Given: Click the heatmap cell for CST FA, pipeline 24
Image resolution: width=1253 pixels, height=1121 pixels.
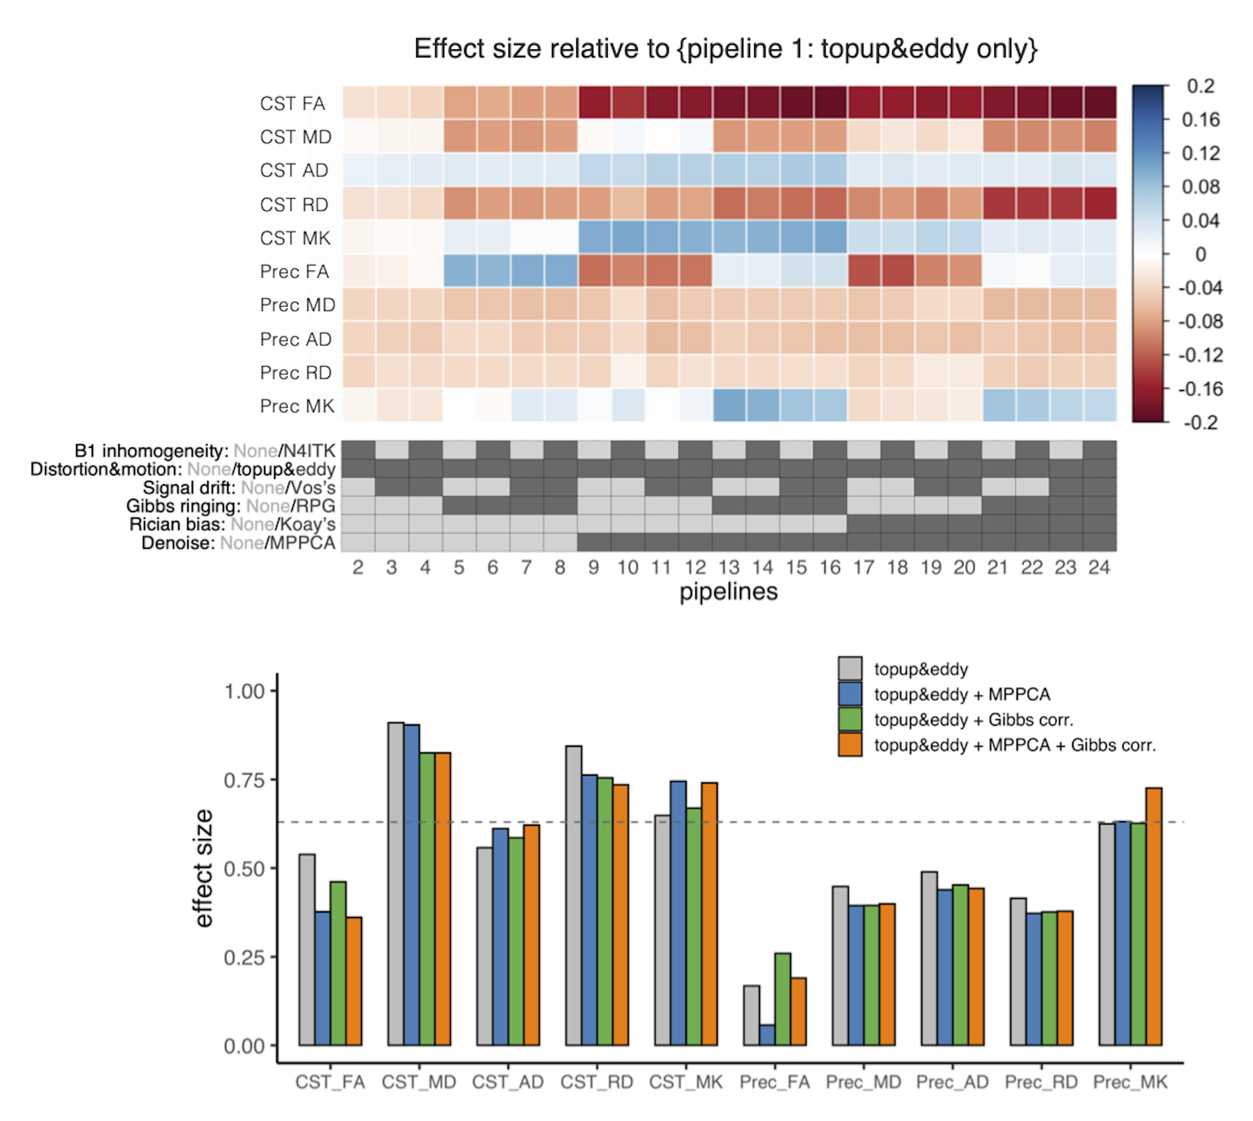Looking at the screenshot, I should coord(1100,103).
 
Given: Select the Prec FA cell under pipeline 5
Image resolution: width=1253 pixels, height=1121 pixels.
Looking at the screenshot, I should coord(459,271).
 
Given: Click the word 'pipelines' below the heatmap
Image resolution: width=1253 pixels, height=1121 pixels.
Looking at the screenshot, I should coord(728,592).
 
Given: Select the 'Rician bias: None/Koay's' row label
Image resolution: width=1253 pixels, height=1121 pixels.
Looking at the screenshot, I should coord(232,524).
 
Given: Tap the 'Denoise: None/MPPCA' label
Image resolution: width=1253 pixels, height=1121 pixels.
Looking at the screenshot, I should coord(238,543).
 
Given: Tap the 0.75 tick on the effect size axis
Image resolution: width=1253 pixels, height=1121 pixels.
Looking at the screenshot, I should coord(244,781).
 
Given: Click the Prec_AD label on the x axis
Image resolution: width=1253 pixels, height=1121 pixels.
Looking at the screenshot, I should coord(952,1082).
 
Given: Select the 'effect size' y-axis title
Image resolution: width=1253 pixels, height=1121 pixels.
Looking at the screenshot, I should coord(203,869).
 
